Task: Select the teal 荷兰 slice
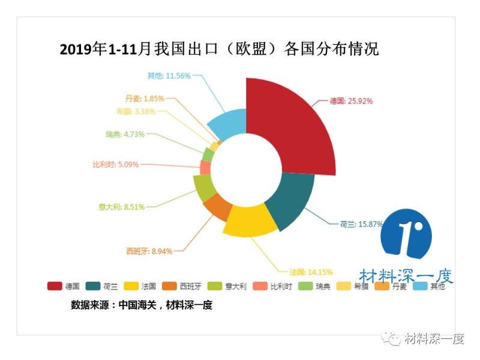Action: coord(291,201)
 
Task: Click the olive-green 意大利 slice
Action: coord(204,188)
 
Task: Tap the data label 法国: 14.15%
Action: coord(311,272)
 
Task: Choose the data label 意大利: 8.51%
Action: coord(121,207)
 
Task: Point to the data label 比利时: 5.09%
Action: coord(116,164)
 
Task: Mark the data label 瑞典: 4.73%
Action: coord(125,134)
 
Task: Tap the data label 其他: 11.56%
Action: coord(169,76)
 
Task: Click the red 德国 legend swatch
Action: coord(55,286)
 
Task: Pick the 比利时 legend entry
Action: coord(272,286)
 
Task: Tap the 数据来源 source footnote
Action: coord(142,305)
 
